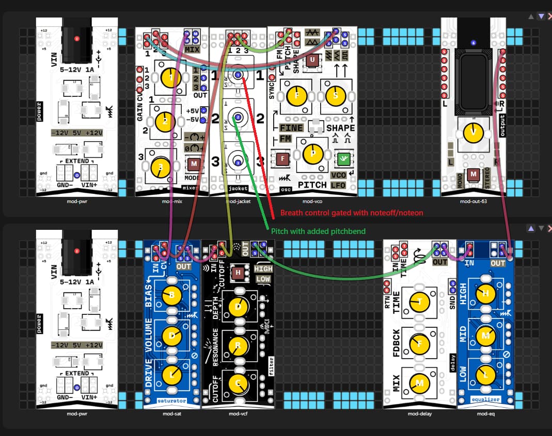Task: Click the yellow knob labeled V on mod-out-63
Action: [473, 132]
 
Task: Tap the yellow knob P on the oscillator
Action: [312, 153]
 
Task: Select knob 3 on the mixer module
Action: [161, 166]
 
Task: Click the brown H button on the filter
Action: [238, 273]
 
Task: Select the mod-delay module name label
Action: [419, 413]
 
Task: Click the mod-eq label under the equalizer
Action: [486, 413]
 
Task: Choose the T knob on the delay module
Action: [419, 301]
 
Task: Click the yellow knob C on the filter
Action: [238, 383]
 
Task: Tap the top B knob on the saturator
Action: [172, 295]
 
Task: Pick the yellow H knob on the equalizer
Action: [485, 293]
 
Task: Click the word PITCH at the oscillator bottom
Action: [312, 185]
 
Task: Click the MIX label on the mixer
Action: [192, 49]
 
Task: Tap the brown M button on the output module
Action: [473, 175]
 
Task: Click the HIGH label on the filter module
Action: [263, 269]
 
